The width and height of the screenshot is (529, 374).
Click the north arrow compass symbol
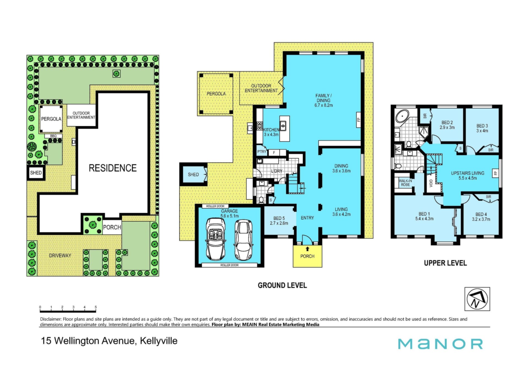(x=477, y=299)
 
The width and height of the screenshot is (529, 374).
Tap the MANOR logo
(x=440, y=344)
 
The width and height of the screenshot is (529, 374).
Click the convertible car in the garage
(x=215, y=239)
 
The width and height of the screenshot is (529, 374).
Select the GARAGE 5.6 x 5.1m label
(x=230, y=213)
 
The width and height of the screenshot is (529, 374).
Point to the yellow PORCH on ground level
(x=307, y=256)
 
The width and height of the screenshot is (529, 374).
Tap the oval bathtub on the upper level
(x=402, y=116)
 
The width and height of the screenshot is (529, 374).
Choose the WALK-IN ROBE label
(x=405, y=183)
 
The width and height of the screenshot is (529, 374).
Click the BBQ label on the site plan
(x=53, y=136)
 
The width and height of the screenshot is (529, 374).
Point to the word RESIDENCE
(x=113, y=168)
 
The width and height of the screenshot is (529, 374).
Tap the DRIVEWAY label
(x=60, y=255)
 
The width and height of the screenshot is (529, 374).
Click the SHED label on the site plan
(x=36, y=173)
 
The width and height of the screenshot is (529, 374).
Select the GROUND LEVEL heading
(x=282, y=285)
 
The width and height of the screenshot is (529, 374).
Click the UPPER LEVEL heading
(x=446, y=263)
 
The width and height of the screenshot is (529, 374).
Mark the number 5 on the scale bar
(x=96, y=307)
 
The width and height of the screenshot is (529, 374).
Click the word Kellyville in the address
(x=159, y=341)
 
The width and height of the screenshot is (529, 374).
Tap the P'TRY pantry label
(x=262, y=152)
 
